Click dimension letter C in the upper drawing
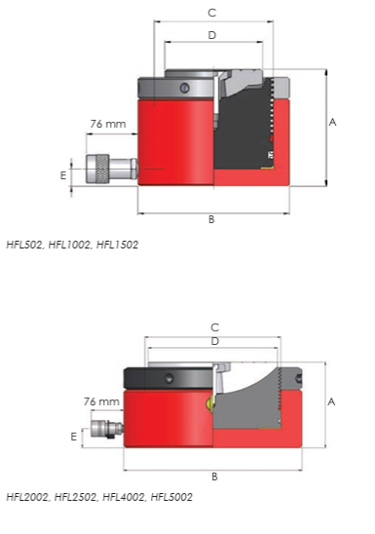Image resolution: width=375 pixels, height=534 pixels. click(211, 13)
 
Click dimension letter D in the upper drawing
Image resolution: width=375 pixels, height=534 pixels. click(212, 35)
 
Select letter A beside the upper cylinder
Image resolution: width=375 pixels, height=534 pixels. click(332, 122)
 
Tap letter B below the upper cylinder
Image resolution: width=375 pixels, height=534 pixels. click(211, 219)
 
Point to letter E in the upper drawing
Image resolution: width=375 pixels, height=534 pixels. click(63, 175)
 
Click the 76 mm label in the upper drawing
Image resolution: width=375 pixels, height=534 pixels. click(108, 124)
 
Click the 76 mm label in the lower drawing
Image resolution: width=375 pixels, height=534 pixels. click(101, 401)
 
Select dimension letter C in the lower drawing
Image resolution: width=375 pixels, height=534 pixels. click(214, 327)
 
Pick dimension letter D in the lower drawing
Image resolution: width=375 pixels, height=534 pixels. click(214, 341)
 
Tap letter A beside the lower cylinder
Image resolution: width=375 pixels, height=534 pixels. click(331, 402)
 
